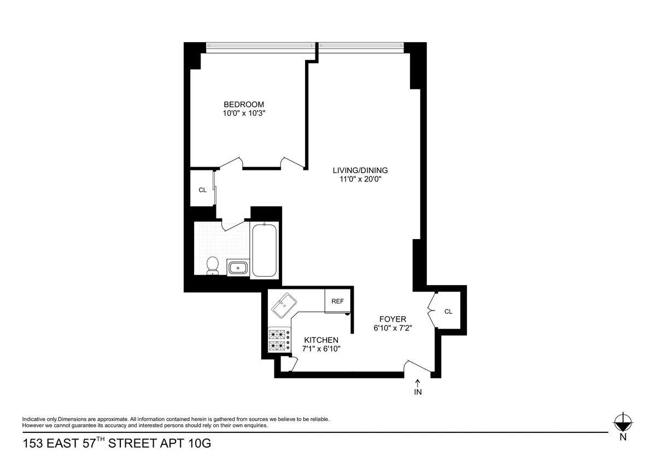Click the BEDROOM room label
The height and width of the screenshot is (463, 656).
(x=244, y=104)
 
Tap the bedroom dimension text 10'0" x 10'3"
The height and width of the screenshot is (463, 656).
(x=244, y=114)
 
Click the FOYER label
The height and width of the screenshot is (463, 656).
(x=393, y=319)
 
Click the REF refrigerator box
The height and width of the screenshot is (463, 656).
(x=337, y=301)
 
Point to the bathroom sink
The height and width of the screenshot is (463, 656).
(x=238, y=268)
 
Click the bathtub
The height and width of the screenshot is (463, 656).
(x=265, y=250)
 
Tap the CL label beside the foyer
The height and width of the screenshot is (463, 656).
(x=448, y=312)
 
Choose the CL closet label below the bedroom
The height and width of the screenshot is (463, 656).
(x=202, y=190)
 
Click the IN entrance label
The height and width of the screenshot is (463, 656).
(x=418, y=391)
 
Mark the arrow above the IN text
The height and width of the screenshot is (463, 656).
(x=418, y=382)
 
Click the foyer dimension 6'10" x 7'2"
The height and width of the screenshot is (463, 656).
(x=393, y=328)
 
